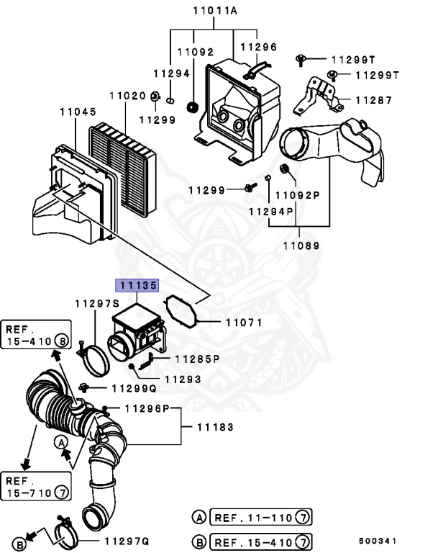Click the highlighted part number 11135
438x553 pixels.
(137, 286)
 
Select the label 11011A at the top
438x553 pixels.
(215, 10)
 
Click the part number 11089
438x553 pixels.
(301, 246)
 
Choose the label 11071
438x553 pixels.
(245, 323)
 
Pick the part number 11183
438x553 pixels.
(215, 427)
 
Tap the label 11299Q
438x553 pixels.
(133, 388)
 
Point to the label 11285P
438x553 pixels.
(195, 357)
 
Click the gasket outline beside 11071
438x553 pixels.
(180, 314)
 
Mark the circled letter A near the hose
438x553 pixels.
(63, 441)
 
